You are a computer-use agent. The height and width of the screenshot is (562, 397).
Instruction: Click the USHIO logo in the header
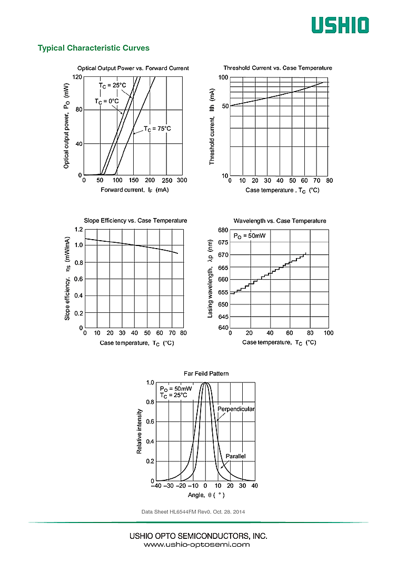point(340,25)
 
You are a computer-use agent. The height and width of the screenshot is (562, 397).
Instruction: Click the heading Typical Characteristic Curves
point(93,48)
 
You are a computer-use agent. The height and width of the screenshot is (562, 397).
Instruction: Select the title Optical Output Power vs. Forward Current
point(133,68)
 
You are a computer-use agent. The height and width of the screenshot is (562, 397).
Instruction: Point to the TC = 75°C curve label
point(157,129)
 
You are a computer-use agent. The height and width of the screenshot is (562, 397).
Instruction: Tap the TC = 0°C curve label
point(107,101)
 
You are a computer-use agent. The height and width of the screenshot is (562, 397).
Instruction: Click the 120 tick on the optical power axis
point(77,77)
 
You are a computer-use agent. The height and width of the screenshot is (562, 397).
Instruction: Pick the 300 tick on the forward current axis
point(182,180)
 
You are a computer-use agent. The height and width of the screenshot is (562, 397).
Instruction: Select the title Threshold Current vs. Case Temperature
point(277,68)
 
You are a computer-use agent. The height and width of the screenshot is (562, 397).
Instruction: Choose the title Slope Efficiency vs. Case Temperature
point(135,221)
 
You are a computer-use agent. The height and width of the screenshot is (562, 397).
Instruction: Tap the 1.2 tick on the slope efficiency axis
point(78,230)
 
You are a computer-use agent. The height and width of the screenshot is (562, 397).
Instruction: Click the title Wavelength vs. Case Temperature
point(280,221)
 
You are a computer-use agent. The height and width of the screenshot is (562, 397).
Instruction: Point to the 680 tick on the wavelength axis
point(222,230)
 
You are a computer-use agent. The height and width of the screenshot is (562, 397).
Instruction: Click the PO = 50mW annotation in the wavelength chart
point(250,236)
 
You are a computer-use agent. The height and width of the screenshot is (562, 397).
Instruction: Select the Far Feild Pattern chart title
point(206,373)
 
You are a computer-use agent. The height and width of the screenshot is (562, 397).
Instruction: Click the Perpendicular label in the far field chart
point(236,409)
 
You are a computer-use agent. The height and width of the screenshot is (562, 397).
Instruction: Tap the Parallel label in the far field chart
point(235,456)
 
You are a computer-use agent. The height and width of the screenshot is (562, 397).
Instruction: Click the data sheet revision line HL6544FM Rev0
point(193,512)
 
